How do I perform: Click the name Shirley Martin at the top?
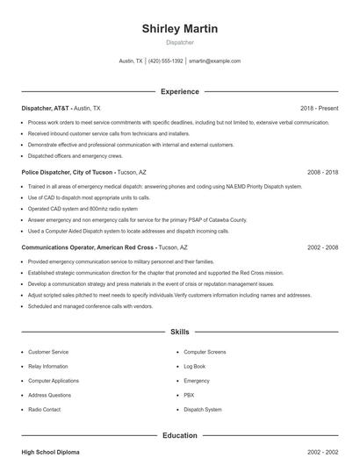tap(180, 29)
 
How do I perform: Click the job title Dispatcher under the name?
tap(180, 42)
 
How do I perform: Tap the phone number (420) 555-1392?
tap(166, 61)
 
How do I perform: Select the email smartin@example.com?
tap(214, 61)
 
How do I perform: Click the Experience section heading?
tap(180, 91)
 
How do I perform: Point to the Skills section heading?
tap(180, 333)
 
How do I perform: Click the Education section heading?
tap(180, 435)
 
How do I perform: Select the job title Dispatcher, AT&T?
tap(46, 108)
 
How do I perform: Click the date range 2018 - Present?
tap(319, 108)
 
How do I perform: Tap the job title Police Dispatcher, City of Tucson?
tap(67, 173)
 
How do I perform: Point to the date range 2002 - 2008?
tap(322, 248)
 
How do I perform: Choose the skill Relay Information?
tap(47, 366)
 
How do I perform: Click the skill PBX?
tap(189, 395)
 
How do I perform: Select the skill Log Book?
tap(194, 366)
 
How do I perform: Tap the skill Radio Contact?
tap(44, 410)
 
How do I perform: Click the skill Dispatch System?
tap(202, 410)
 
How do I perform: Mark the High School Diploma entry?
tap(50, 452)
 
